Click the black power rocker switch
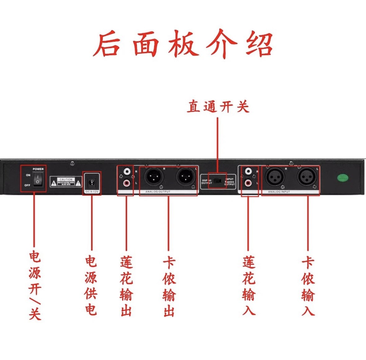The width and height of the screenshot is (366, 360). point(38,180)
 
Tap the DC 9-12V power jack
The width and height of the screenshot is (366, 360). point(92,182)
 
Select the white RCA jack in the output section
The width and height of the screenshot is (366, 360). point(127,171)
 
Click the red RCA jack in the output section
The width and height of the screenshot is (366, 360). point(127,183)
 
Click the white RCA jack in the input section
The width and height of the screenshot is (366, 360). point(248,171)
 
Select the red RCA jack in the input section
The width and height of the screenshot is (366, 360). point(248,183)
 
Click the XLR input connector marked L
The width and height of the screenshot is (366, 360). point(307,177)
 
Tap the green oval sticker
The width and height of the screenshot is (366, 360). point(343,178)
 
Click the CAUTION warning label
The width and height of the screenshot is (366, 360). point(66,182)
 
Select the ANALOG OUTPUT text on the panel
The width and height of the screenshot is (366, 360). point(158,192)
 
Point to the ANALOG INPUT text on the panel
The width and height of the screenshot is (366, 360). point(279,192)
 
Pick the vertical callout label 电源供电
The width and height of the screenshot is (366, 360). point(91,286)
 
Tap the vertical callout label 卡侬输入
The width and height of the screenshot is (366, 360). point(308,286)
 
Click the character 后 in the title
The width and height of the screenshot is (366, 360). point(107,45)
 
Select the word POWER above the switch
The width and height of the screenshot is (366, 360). point(38,169)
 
